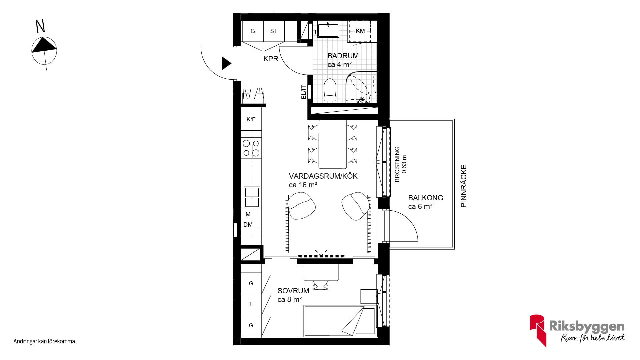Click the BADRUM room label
tap(343, 56)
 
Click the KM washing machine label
tap(360, 31)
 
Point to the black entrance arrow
tap(226, 63)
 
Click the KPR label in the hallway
tap(271, 59)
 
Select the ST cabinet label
tap(274, 31)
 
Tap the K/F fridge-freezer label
tap(251, 119)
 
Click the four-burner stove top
tap(251, 148)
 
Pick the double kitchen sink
tap(252, 197)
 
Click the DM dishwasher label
tap(248, 225)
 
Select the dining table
tap(333, 144)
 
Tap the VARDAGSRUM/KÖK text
tap(323, 176)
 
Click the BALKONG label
tap(426, 198)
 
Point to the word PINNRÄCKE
tap(464, 186)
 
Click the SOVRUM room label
tap(293, 291)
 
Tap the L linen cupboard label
tap(251, 304)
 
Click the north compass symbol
tap(44, 50)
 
